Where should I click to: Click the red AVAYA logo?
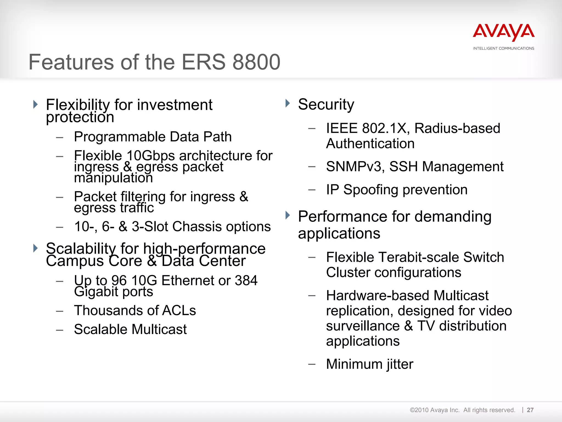pos(504,32)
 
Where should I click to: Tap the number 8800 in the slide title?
pos(256,62)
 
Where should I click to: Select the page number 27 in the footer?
pos(530,410)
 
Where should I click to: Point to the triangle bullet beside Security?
pos(287,104)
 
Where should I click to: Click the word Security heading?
pos(326,105)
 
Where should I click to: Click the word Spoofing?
pos(371,190)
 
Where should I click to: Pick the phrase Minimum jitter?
pos(369,364)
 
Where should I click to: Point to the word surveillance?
pos(363,326)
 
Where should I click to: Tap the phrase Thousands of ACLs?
pos(135,311)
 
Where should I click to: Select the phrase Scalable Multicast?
pos(130,329)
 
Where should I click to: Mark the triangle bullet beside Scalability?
pos(35,248)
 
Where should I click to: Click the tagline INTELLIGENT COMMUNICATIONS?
pos(504,48)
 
